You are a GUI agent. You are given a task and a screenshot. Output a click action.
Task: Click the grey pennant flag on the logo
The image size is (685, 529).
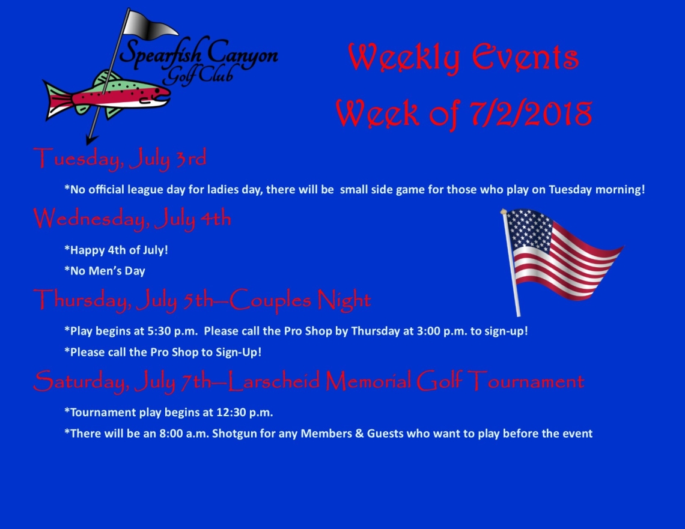(x=148, y=25)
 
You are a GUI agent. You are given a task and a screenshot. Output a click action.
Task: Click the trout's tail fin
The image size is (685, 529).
(x=57, y=100)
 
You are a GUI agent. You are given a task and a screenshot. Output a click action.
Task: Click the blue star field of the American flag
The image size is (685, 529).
(x=530, y=229)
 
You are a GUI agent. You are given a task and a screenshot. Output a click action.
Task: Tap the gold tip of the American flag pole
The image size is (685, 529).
(x=504, y=211)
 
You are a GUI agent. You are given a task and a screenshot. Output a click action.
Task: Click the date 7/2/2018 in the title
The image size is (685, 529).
(x=531, y=113)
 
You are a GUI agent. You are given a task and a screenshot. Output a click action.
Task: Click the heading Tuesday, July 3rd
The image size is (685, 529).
(x=120, y=159)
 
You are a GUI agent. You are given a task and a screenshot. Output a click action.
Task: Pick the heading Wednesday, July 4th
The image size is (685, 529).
(x=132, y=218)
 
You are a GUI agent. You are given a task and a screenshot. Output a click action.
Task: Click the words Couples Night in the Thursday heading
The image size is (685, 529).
(x=300, y=300)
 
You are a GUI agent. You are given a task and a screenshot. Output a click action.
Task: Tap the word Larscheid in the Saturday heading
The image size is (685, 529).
(x=275, y=381)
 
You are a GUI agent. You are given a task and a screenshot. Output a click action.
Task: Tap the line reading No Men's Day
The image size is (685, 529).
(x=105, y=271)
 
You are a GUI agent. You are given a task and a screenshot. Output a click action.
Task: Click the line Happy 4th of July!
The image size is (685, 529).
(x=116, y=250)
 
